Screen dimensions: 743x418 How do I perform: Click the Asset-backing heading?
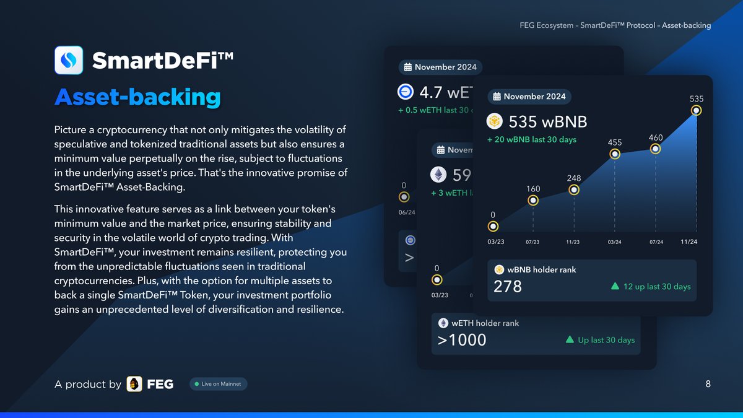pyautogui.click(x=137, y=97)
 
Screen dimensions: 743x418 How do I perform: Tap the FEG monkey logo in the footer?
pyautogui.click(x=134, y=384)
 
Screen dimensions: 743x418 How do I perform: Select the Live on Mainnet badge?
pyautogui.click(x=219, y=384)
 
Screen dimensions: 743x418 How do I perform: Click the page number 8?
pyautogui.click(x=708, y=384)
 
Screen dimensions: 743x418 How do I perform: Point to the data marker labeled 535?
pyautogui.click(x=696, y=111)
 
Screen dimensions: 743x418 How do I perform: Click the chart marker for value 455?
pyautogui.click(x=614, y=154)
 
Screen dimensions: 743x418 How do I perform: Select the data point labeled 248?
pyautogui.click(x=573, y=189)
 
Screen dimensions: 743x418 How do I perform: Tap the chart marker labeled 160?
pyautogui.click(x=532, y=200)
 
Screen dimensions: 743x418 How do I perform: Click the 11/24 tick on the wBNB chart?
pyautogui.click(x=689, y=242)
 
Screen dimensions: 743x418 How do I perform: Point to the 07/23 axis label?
pyautogui.click(x=532, y=242)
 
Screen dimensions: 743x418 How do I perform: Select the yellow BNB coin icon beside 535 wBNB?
pyautogui.click(x=494, y=121)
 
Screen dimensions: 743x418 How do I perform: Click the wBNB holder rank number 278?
pyautogui.click(x=508, y=287)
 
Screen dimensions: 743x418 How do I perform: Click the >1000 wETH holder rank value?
pyautogui.click(x=462, y=340)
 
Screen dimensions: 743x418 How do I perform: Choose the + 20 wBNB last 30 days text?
pyautogui.click(x=531, y=139)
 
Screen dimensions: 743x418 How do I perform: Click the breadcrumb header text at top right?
pyautogui.click(x=615, y=25)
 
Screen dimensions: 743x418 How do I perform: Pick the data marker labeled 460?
pyautogui.click(x=655, y=149)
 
